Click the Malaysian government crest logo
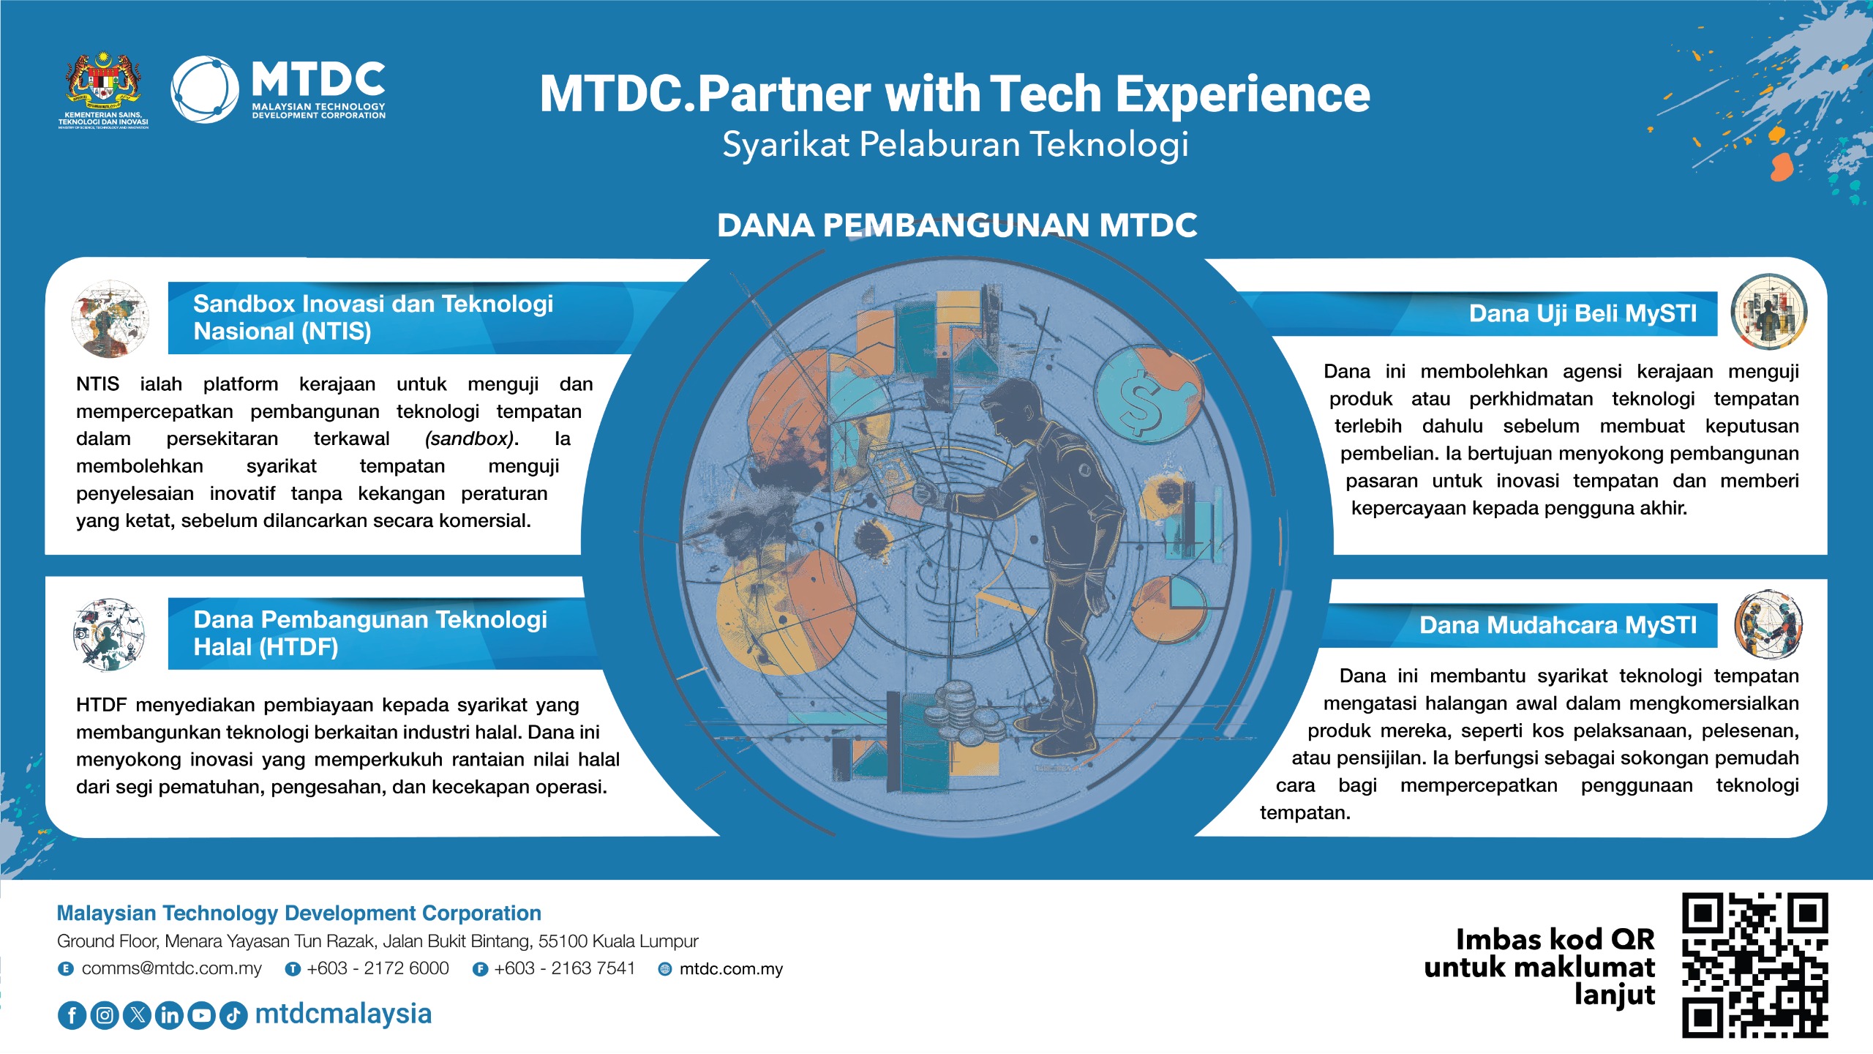[103, 89]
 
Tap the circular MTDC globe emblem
[205, 89]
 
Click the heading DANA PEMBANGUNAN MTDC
[957, 225]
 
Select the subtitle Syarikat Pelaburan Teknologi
[956, 144]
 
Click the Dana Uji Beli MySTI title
[1583, 314]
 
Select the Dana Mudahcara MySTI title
[1558, 625]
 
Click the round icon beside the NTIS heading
[110, 318]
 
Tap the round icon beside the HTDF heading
[109, 635]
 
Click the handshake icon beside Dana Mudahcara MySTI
[1768, 624]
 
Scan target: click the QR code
[1754, 965]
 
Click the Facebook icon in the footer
[72, 1015]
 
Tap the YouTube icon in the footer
[201, 1015]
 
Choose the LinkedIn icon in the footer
[169, 1015]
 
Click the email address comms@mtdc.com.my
[171, 968]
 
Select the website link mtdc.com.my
[731, 969]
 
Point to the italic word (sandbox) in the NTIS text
[469, 439]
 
